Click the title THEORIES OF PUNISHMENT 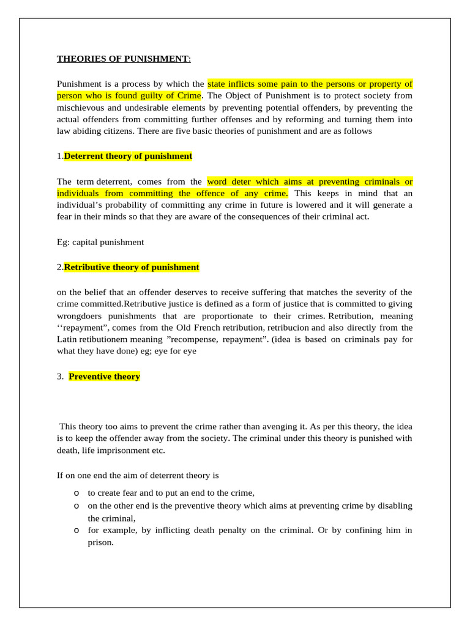pyautogui.click(x=123, y=59)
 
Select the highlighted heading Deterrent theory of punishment pyautogui.click(x=128, y=156)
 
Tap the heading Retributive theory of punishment pyautogui.click(x=132, y=267)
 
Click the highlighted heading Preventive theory pyautogui.click(x=104, y=377)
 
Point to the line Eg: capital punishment pyautogui.click(x=100, y=242)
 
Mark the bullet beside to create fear pyautogui.click(x=76, y=493)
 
